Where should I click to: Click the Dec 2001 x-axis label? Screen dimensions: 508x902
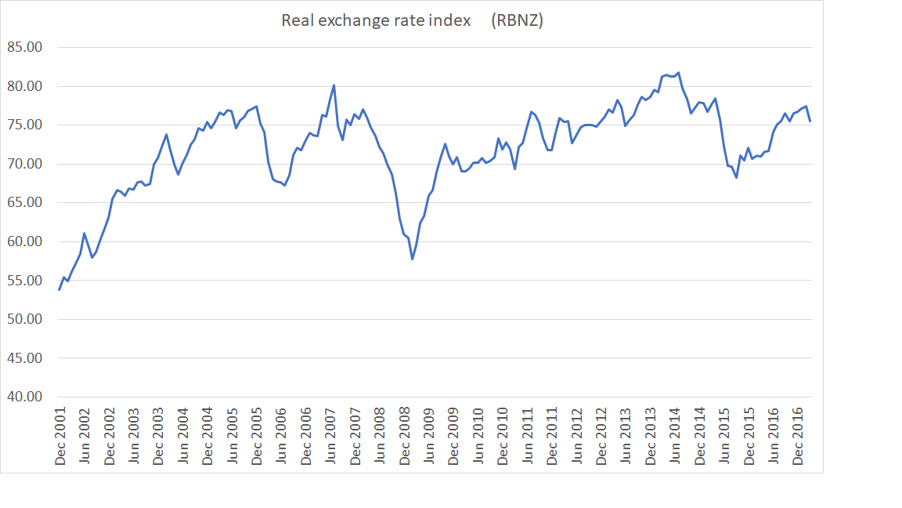click(x=60, y=436)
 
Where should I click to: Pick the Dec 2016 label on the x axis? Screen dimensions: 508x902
click(x=798, y=436)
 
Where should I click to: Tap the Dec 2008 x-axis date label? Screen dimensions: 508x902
click(x=405, y=436)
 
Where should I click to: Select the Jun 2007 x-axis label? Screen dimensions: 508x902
click(x=330, y=436)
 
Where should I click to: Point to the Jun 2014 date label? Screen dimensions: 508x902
click(x=675, y=436)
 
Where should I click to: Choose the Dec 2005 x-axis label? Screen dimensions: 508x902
click(x=257, y=436)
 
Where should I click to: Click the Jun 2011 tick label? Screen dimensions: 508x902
click(x=528, y=436)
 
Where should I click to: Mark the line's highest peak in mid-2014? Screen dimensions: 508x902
click(x=678, y=73)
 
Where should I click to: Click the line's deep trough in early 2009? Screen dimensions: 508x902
click(x=412, y=259)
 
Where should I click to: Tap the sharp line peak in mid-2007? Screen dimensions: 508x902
click(x=334, y=85)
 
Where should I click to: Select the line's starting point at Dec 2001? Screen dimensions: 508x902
click(x=60, y=289)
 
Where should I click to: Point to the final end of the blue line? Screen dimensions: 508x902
click(x=810, y=121)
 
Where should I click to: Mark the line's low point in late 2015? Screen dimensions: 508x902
click(x=736, y=178)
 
